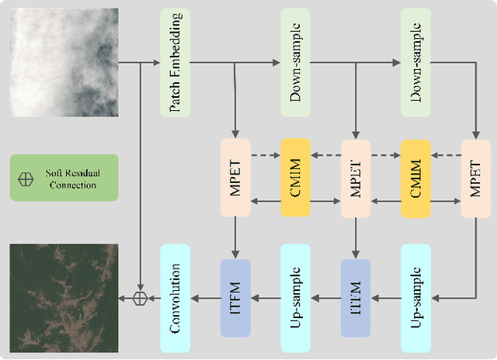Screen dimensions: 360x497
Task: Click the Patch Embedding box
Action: [x=175, y=62]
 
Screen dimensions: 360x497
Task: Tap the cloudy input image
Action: [x=64, y=62]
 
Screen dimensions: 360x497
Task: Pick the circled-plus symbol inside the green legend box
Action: [x=26, y=178]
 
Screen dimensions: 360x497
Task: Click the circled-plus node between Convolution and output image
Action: [x=140, y=298]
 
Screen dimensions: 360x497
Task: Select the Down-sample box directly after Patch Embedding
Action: [x=295, y=62]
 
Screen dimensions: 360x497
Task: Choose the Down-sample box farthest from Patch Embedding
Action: [x=416, y=62]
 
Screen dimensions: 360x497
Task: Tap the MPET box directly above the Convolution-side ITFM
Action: [x=235, y=178]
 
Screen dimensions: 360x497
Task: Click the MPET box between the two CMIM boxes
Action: [x=356, y=178]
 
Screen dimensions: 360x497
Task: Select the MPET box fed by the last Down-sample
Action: [x=476, y=178]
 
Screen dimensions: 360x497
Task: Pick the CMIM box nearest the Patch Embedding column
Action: [x=295, y=178]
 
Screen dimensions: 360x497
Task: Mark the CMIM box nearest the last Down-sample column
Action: [x=416, y=178]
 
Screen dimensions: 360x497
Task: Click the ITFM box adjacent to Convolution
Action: [x=235, y=298]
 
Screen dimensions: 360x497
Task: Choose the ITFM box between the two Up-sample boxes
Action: [x=356, y=298]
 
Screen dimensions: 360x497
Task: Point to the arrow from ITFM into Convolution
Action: [x=205, y=298]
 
